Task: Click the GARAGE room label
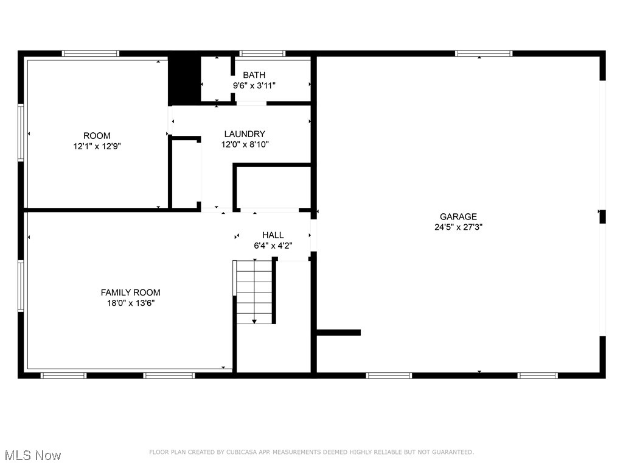(x=458, y=216)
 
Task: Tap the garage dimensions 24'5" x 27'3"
(x=458, y=227)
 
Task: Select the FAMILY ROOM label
(x=131, y=292)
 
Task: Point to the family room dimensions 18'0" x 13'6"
(x=131, y=303)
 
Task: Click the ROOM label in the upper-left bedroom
(x=97, y=135)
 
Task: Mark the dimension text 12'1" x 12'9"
(x=97, y=146)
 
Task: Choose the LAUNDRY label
(x=245, y=134)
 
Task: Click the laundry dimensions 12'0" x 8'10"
(x=245, y=144)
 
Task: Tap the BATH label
(x=254, y=75)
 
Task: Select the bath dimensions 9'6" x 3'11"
(x=254, y=86)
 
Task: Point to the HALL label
(x=273, y=235)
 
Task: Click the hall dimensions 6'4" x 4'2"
(x=273, y=246)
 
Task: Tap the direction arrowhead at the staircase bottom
(x=254, y=321)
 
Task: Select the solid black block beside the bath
(x=184, y=79)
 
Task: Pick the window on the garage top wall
(x=484, y=54)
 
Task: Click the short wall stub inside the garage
(x=339, y=333)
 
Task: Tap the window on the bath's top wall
(x=262, y=54)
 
